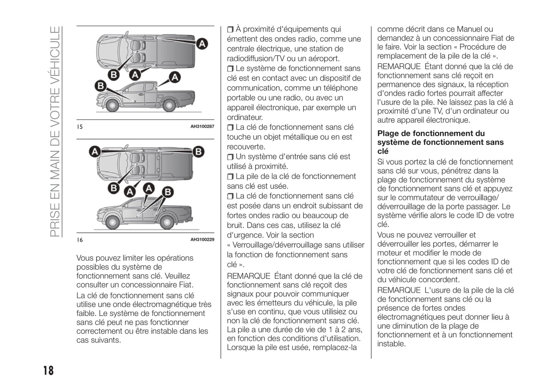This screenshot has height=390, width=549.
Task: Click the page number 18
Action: (48, 370)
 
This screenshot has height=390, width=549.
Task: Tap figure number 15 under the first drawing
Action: (80, 127)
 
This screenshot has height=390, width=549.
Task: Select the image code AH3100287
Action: (202, 127)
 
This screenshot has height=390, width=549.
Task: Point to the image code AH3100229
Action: (202, 239)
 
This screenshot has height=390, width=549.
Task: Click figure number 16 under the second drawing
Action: (80, 240)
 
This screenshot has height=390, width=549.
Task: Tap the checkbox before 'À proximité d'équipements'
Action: (230, 30)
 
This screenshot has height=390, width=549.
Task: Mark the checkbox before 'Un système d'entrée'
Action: (230, 157)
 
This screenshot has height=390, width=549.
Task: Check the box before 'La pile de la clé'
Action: (230, 177)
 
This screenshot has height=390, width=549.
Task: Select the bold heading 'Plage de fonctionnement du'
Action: (431, 133)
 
